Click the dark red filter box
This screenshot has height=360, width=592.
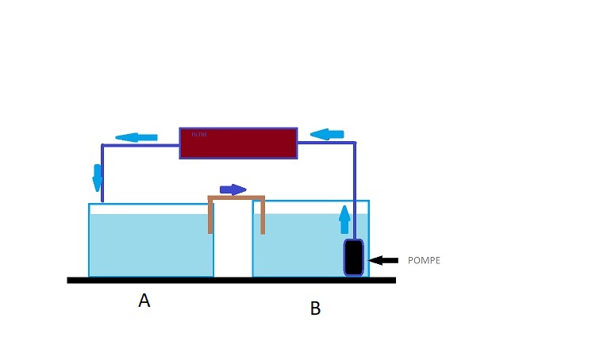(x=238, y=143)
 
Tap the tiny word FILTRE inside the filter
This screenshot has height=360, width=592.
(x=198, y=134)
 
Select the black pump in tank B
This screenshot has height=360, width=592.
(x=354, y=257)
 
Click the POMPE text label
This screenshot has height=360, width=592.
(x=423, y=260)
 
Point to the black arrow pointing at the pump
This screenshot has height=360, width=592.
(x=384, y=259)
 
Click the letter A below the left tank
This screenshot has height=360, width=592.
(x=144, y=301)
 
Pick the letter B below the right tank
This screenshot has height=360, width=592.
(x=315, y=308)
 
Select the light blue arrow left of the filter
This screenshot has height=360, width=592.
(x=136, y=137)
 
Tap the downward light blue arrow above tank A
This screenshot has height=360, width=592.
(x=98, y=177)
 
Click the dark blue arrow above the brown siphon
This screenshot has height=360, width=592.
(x=233, y=189)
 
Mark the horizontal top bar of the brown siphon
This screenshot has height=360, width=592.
(x=236, y=197)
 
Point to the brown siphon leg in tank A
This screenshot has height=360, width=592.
(x=210, y=216)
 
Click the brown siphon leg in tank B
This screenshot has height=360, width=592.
(x=262, y=216)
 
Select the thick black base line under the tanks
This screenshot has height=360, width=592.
(x=231, y=280)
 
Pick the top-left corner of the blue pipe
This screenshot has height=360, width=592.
(x=103, y=145)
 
